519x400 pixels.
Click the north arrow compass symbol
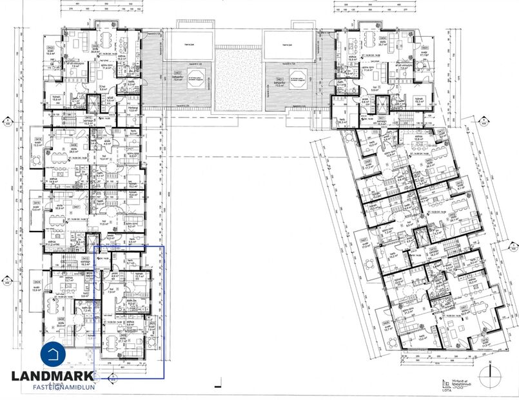[x=491, y=372]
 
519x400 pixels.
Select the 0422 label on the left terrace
[x=177, y=73]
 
